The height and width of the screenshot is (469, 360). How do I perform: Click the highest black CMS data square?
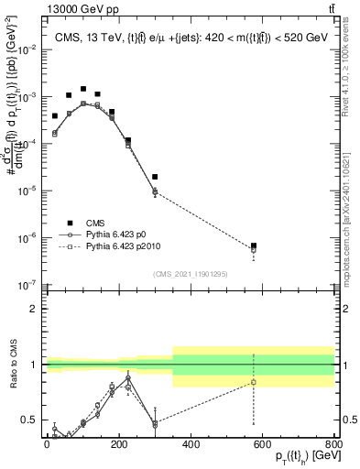coord(83,89)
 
